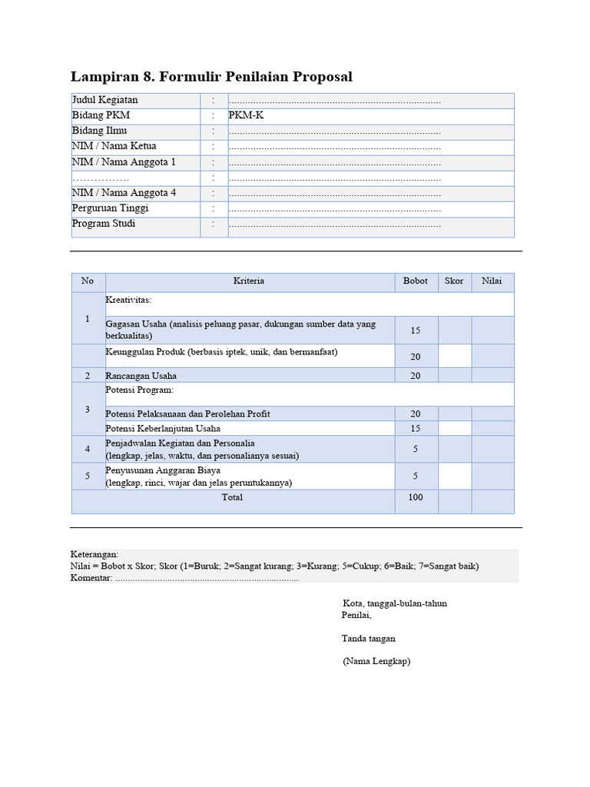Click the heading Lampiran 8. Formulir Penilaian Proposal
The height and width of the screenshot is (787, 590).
211,77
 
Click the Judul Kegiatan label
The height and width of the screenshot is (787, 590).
105,100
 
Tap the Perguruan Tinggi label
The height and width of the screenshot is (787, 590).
111,208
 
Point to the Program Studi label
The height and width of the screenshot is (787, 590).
104,224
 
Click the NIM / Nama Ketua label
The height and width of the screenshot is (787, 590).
114,146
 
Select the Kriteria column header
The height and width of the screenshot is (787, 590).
249,281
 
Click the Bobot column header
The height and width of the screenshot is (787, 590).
415,281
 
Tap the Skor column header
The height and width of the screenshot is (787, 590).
454,281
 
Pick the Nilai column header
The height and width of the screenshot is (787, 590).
492,281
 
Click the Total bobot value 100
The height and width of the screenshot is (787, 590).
415,497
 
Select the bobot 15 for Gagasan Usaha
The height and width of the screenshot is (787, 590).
415,330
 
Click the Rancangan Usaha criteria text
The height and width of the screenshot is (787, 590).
141,376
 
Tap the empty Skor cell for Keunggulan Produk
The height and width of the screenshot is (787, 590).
454,356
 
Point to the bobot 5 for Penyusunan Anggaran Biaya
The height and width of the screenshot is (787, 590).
415,476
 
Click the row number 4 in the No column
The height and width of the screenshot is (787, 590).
88,449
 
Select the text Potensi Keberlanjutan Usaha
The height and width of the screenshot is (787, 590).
163,428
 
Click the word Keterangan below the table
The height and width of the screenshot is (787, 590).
94,553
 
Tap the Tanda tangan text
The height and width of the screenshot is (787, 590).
369,638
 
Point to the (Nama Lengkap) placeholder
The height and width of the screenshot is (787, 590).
376,661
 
